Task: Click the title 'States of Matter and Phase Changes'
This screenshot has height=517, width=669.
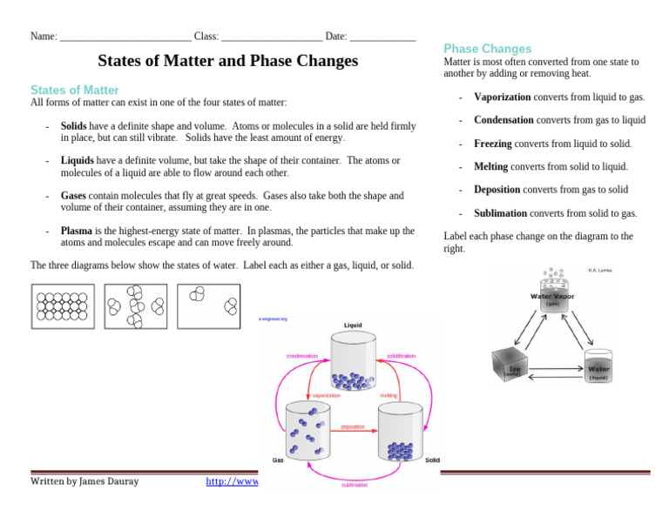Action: [227, 61]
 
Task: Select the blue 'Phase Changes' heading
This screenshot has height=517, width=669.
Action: [487, 49]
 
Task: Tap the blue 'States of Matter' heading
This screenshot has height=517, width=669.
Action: [75, 90]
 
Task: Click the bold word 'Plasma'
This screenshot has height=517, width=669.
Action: [77, 231]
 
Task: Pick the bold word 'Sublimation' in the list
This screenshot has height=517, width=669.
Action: [500, 213]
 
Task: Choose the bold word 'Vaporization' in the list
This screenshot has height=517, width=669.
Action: [503, 97]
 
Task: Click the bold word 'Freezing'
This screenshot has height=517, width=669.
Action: [493, 144]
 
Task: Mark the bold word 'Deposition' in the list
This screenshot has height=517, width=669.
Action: [497, 190]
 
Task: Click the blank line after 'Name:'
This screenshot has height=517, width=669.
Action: [125, 37]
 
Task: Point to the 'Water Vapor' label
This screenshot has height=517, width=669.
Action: [552, 297]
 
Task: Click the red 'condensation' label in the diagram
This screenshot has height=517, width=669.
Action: [302, 356]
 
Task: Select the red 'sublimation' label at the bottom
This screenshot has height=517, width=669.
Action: [355, 485]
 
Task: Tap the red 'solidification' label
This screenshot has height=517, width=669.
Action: [401, 356]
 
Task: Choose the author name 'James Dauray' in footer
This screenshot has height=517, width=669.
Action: [109, 481]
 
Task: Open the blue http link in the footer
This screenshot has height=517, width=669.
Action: [232, 481]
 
